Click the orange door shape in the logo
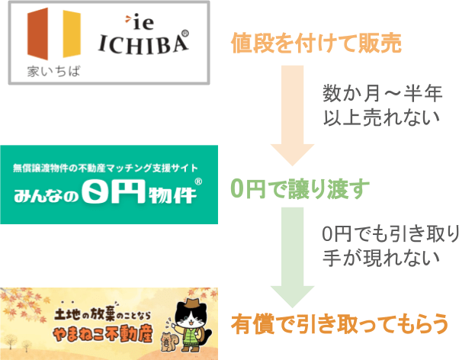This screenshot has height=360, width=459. pyautogui.click(x=37, y=34)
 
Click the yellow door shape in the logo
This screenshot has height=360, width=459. pyautogui.click(x=72, y=34)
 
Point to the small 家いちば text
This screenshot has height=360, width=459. pyautogui.click(x=53, y=72)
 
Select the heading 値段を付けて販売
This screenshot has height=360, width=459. pyautogui.click(x=316, y=43)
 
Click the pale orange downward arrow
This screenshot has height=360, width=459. pyautogui.click(x=292, y=116)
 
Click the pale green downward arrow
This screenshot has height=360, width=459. pyautogui.click(x=292, y=258)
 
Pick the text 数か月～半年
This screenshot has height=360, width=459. pyautogui.click(x=382, y=94)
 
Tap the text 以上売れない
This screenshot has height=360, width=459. pyautogui.click(x=381, y=117)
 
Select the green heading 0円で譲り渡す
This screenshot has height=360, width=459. pyautogui.click(x=300, y=189)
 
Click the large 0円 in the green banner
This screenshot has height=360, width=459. pyautogui.click(x=114, y=191)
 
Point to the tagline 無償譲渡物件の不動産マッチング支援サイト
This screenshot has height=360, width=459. pyautogui.click(x=105, y=168)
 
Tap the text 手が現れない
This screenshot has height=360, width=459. pyautogui.click(x=381, y=258)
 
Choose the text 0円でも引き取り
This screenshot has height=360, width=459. pyautogui.click(x=390, y=234)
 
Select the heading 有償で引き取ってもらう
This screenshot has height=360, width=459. pyautogui.click(x=339, y=324)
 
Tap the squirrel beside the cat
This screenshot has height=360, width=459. pyautogui.click(x=168, y=342)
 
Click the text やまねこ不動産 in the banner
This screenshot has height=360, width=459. pyautogui.click(x=103, y=333)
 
